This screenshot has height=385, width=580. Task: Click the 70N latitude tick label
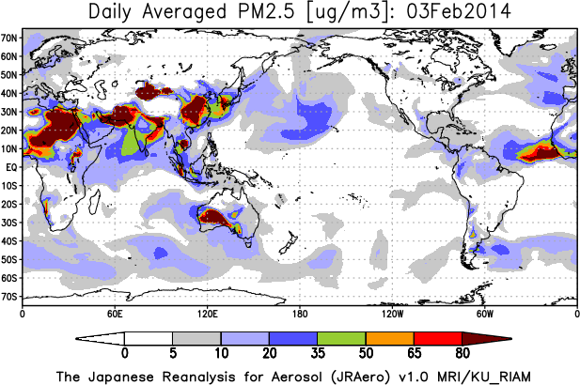(x=9, y=38)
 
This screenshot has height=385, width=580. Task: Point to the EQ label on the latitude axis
(x=11, y=167)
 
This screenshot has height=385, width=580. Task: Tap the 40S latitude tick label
(x=9, y=241)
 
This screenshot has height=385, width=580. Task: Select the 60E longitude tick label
(x=115, y=314)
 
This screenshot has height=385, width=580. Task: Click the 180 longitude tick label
(x=300, y=314)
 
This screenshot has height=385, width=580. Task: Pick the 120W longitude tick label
(x=392, y=314)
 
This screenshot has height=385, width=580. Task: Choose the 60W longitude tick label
(x=484, y=314)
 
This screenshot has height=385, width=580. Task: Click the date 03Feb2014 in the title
(x=459, y=12)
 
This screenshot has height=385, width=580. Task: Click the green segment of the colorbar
(x=341, y=338)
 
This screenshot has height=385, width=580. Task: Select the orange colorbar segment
(x=390, y=338)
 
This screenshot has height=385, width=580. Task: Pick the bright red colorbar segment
(x=438, y=338)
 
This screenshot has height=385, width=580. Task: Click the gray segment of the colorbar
(x=196, y=338)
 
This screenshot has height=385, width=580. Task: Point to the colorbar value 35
(x=318, y=353)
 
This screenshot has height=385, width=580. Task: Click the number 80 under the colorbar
(x=462, y=353)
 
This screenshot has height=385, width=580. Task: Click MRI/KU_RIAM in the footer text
(x=484, y=377)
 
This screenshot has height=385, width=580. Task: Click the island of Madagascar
(x=95, y=201)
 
